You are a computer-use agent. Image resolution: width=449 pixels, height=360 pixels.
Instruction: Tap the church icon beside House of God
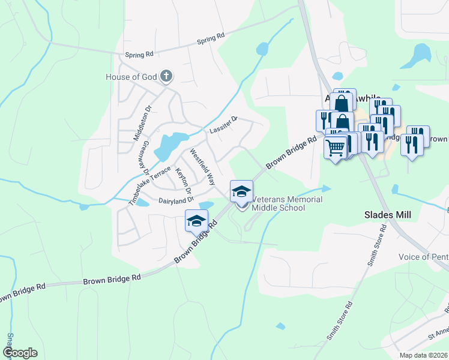(167, 76)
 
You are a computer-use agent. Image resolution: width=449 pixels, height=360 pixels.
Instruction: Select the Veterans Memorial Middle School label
(287, 203)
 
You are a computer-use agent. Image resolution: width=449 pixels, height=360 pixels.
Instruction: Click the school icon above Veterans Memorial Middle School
(241, 191)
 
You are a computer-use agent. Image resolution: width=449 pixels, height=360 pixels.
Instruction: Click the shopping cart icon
(335, 146)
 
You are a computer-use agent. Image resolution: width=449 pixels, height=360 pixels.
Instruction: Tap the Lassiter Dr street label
(224, 124)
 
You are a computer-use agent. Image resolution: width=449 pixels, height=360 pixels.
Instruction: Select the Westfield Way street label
(202, 166)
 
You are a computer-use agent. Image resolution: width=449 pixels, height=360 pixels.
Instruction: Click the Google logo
(20, 353)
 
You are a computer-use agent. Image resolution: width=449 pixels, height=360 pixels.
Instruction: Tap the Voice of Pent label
(423, 257)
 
